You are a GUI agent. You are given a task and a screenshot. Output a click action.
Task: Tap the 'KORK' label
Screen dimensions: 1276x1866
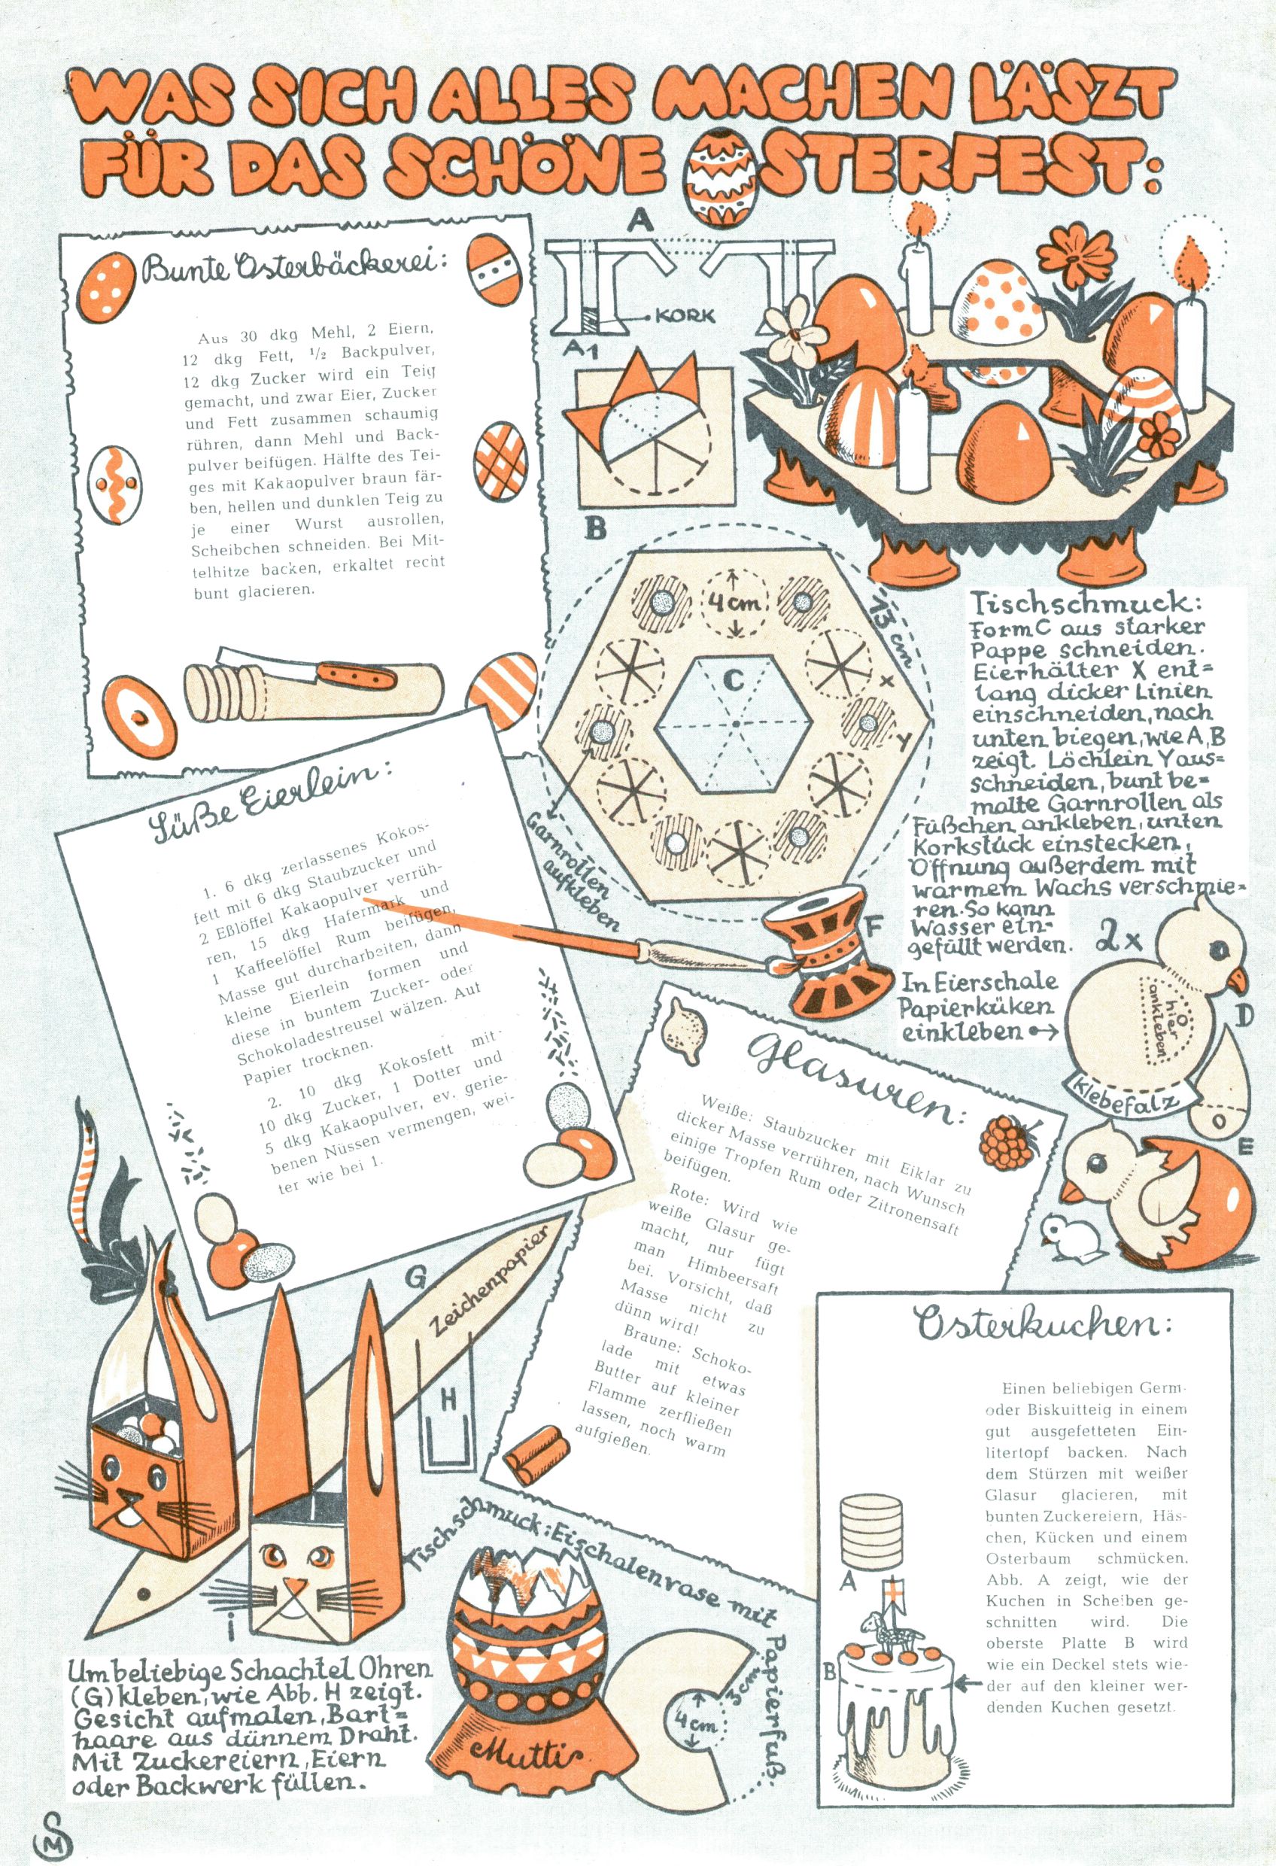(x=684, y=315)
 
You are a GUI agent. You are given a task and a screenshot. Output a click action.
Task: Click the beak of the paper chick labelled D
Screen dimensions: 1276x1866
(x=1242, y=979)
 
